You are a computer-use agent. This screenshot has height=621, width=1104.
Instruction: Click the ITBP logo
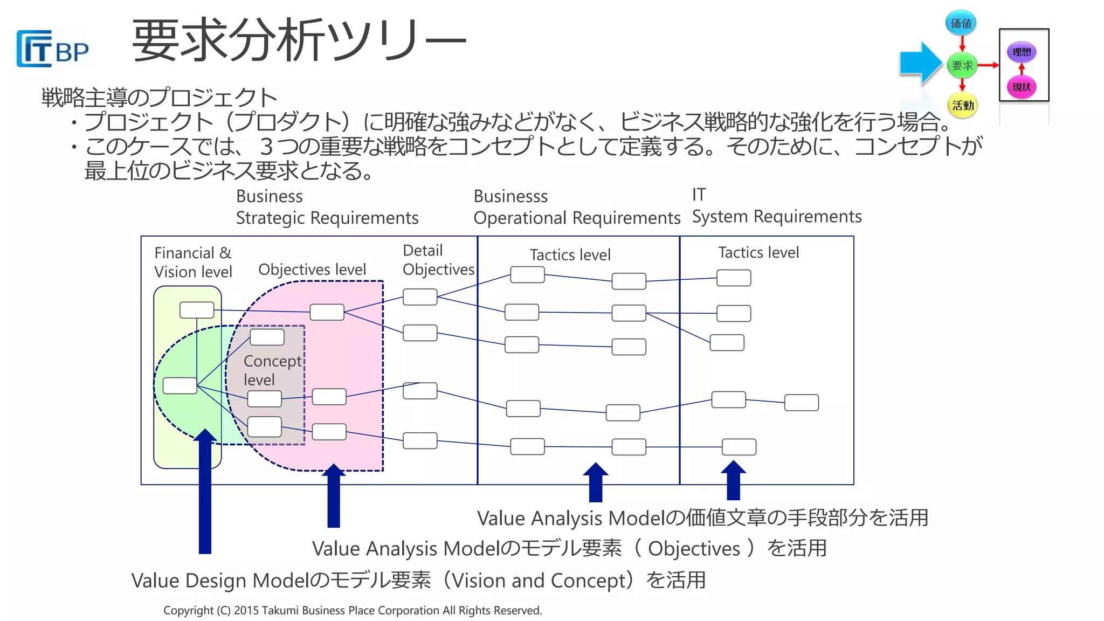(x=52, y=49)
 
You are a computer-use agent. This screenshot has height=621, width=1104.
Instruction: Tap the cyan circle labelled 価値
(x=961, y=23)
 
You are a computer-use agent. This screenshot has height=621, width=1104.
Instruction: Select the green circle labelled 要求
(x=962, y=65)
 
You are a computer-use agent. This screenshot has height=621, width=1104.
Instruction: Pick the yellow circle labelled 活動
(x=962, y=105)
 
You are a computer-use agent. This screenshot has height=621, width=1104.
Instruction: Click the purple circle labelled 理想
(x=1022, y=52)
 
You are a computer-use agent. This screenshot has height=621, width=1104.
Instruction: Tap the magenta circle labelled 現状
(x=1022, y=87)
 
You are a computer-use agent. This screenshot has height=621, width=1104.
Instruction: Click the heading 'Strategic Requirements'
(x=327, y=218)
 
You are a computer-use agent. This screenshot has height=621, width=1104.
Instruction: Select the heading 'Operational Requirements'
(x=577, y=218)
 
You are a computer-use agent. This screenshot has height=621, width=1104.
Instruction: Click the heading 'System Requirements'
(x=777, y=216)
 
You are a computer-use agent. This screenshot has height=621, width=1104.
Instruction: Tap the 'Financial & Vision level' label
(x=193, y=262)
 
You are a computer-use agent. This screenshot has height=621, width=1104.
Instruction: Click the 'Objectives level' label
(x=312, y=269)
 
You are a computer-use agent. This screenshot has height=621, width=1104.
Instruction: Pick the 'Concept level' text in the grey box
(x=272, y=370)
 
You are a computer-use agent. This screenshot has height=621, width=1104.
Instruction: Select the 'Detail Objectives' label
(x=438, y=259)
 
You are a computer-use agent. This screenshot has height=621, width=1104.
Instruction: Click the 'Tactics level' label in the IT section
(x=758, y=252)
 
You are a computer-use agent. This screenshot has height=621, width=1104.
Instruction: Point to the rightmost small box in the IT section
(x=801, y=403)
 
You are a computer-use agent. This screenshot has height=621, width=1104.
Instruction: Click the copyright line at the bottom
(x=353, y=610)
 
